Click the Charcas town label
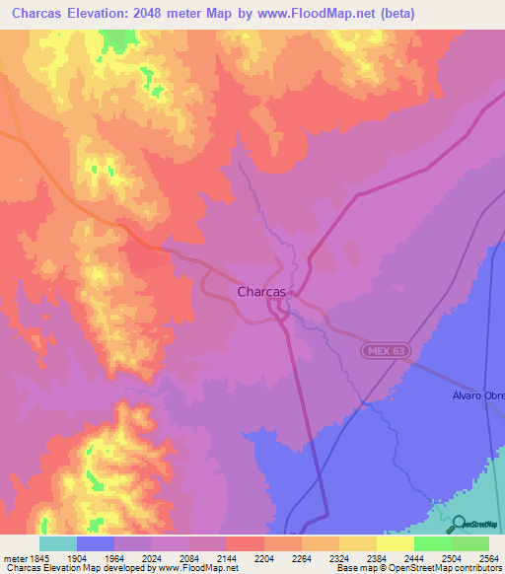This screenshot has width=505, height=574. point(261,292)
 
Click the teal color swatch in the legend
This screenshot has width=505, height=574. point(58,543)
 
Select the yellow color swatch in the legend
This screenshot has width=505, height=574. point(395,543)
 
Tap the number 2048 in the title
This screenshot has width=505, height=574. point(170,14)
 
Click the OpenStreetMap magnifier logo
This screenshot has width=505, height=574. point(457,525)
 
